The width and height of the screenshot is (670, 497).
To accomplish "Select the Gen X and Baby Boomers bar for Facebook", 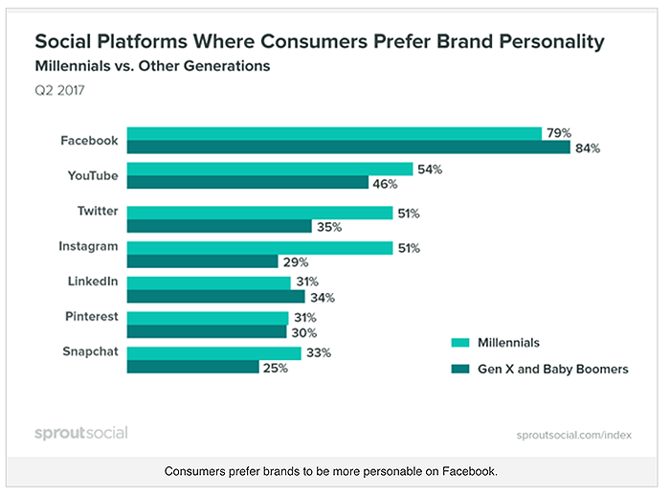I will click(348, 147).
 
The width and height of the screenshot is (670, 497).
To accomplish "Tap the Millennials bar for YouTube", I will click(270, 169).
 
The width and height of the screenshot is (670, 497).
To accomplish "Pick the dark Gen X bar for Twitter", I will click(219, 226).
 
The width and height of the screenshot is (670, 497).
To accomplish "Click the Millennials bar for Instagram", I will click(259, 247).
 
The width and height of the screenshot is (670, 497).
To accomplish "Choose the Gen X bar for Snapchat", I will click(192, 367).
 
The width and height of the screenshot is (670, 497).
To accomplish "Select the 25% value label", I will click(275, 367).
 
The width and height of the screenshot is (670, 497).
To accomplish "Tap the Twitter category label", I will click(98, 211).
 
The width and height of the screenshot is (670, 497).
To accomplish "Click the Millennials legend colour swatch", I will click(460, 342).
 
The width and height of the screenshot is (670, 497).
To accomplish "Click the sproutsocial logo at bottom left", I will click(80, 433).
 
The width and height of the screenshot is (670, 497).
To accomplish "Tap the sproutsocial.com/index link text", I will click(574, 434).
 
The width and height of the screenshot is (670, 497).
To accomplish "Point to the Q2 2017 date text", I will click(60, 94).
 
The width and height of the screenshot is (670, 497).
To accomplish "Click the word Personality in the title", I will click(542, 42).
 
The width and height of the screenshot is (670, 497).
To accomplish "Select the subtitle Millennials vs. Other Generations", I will click(152, 67).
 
